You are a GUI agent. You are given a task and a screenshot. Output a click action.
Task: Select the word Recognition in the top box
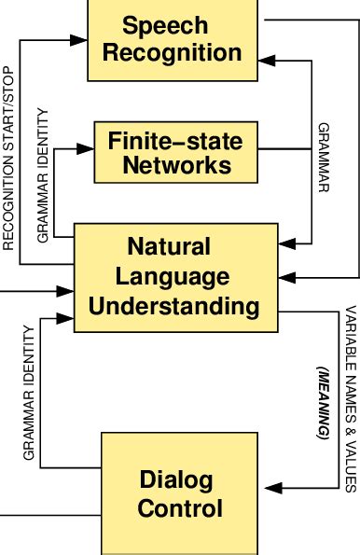172,52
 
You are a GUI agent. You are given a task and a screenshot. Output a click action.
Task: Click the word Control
179,509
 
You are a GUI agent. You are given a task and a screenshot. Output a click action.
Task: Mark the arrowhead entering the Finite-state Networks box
92,147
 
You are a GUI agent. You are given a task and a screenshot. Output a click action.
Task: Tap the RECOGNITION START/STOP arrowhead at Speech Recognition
80,40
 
